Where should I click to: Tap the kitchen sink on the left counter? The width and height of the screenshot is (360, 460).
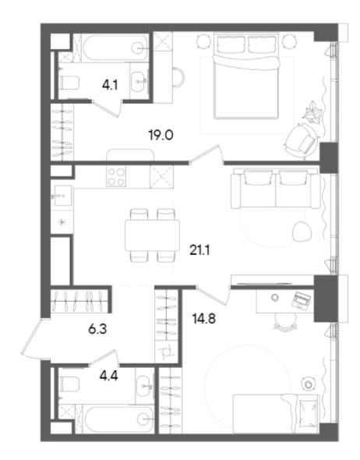61,194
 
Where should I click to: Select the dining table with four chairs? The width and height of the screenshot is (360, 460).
151,235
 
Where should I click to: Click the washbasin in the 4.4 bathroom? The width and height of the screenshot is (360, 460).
143,384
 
